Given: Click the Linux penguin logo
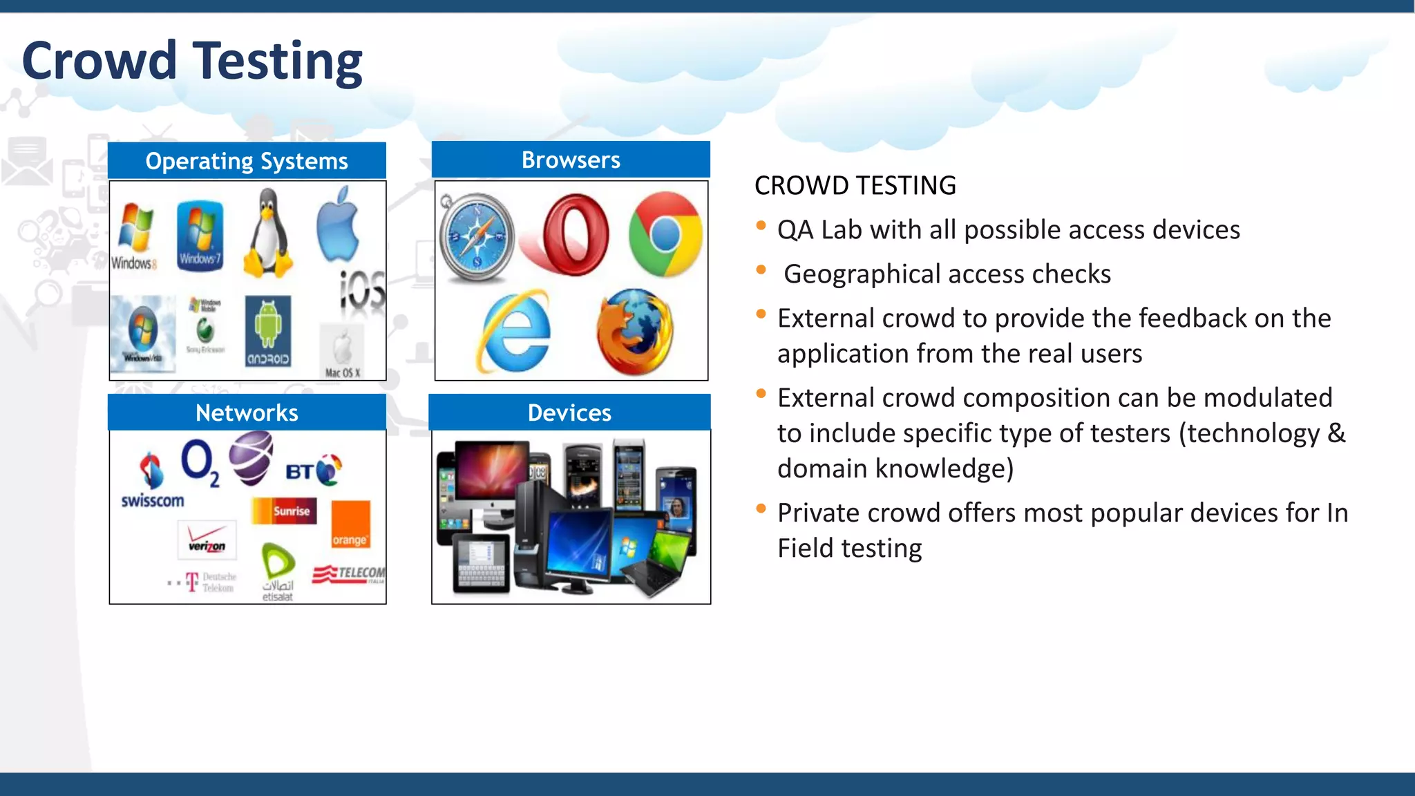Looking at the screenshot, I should coord(269,235).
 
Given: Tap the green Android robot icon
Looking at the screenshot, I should coord(268,330).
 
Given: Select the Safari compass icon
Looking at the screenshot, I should coord(477,238).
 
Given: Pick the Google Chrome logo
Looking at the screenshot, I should coord(665,234).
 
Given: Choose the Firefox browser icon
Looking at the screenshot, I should coord(634,332).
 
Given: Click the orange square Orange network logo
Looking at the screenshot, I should coord(350,524).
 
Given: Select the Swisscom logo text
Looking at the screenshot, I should coord(153,501).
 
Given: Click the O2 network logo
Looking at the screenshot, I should coord(199,462).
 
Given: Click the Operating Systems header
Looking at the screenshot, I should coord(247,161).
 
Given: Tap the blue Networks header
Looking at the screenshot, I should coord(247,413).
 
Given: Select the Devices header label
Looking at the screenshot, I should coord(569,413).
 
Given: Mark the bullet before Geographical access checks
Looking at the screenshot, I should coord(761,270).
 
